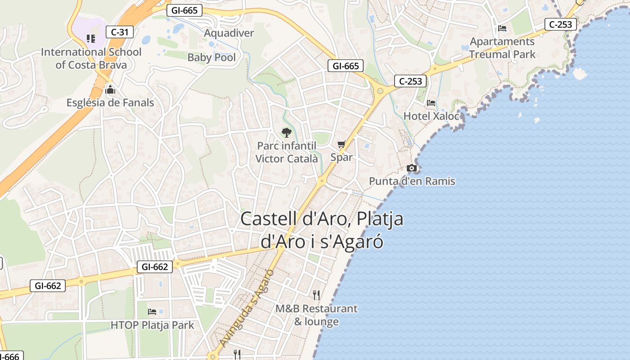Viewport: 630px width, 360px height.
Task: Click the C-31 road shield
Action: [x=120, y=32]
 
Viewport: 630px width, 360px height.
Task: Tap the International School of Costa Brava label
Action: [x=91, y=58]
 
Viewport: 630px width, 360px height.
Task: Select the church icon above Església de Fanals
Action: [x=110, y=90]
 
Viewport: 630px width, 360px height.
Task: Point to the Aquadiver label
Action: [x=229, y=33]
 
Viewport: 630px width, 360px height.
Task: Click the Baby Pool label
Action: [x=211, y=57]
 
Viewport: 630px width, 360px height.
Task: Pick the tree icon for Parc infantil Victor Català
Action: [x=286, y=132]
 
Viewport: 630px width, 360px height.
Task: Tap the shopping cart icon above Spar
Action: [x=342, y=144]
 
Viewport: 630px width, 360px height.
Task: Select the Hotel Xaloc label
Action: [x=431, y=116]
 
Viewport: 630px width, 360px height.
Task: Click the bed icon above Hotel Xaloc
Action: [x=431, y=103]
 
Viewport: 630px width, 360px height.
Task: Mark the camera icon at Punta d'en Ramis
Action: [x=412, y=168]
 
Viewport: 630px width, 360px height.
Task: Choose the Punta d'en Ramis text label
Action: [x=412, y=181]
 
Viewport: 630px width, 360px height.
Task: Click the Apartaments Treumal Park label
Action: [x=503, y=48]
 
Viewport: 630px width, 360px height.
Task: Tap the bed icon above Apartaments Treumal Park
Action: [x=502, y=28]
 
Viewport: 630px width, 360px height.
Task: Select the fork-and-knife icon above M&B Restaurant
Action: [x=316, y=295]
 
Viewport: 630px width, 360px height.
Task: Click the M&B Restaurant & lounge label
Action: [x=316, y=315]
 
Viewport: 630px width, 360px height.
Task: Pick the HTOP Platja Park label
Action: [x=153, y=325]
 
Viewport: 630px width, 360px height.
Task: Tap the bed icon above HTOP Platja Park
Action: [x=152, y=311]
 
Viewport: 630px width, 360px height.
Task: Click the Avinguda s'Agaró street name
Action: [x=247, y=308]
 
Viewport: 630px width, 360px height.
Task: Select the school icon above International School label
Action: [x=91, y=39]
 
